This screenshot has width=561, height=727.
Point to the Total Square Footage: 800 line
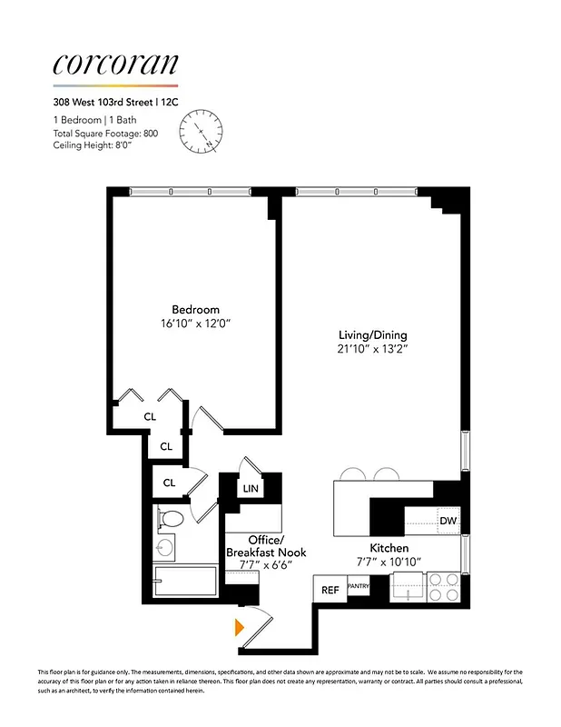[x=104, y=134]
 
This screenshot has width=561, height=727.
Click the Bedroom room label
[x=195, y=309]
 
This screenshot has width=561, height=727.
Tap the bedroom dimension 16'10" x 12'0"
[x=195, y=323]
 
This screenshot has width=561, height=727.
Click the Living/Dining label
[x=369, y=334]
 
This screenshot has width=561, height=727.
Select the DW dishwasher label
[x=447, y=522]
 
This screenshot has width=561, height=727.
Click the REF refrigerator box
[x=330, y=590]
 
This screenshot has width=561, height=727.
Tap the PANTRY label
[x=358, y=587]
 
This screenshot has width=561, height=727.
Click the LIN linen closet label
[x=251, y=488]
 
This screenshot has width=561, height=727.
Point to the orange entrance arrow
[x=240, y=626]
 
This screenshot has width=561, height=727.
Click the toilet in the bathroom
[x=171, y=519]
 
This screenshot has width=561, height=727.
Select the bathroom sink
[x=165, y=548]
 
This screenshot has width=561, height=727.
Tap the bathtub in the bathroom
[x=186, y=583]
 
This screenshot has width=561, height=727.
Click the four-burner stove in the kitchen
[x=443, y=586]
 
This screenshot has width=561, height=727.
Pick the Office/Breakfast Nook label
[x=265, y=546]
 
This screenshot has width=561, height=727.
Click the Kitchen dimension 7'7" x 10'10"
[x=388, y=563]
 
